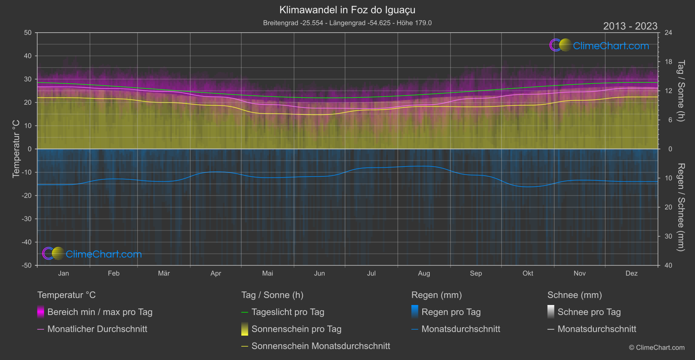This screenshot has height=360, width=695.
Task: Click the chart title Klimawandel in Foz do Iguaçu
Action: point(347,10)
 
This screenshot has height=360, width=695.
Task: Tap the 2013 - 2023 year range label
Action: point(630,26)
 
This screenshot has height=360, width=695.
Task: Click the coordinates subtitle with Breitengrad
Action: point(347,23)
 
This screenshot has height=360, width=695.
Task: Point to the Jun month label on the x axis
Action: point(319,273)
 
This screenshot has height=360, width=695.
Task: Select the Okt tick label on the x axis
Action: point(528,273)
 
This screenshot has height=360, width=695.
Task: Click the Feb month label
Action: point(113,273)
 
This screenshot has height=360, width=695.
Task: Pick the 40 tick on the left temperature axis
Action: point(27,56)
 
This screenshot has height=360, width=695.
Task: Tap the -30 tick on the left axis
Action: point(26,219)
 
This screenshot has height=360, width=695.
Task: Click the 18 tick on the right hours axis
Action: point(668,62)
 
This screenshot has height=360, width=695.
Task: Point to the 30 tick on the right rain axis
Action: point(668,236)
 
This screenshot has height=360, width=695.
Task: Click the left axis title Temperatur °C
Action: point(16,149)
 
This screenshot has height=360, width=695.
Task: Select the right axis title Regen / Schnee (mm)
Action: point(681,207)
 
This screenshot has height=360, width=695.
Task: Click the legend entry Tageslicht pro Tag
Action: point(288,312)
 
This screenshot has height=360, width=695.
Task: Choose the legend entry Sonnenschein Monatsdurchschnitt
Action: point(321,346)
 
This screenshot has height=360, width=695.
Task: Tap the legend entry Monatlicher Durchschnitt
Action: point(97,329)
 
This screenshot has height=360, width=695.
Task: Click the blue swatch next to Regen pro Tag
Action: point(415,312)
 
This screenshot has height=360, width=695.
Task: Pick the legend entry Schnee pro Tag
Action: point(589,312)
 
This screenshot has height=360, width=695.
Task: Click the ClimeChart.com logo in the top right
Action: point(599,45)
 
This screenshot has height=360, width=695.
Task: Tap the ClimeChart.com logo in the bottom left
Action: point(92,254)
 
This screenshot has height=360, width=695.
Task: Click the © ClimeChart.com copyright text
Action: point(657,347)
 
